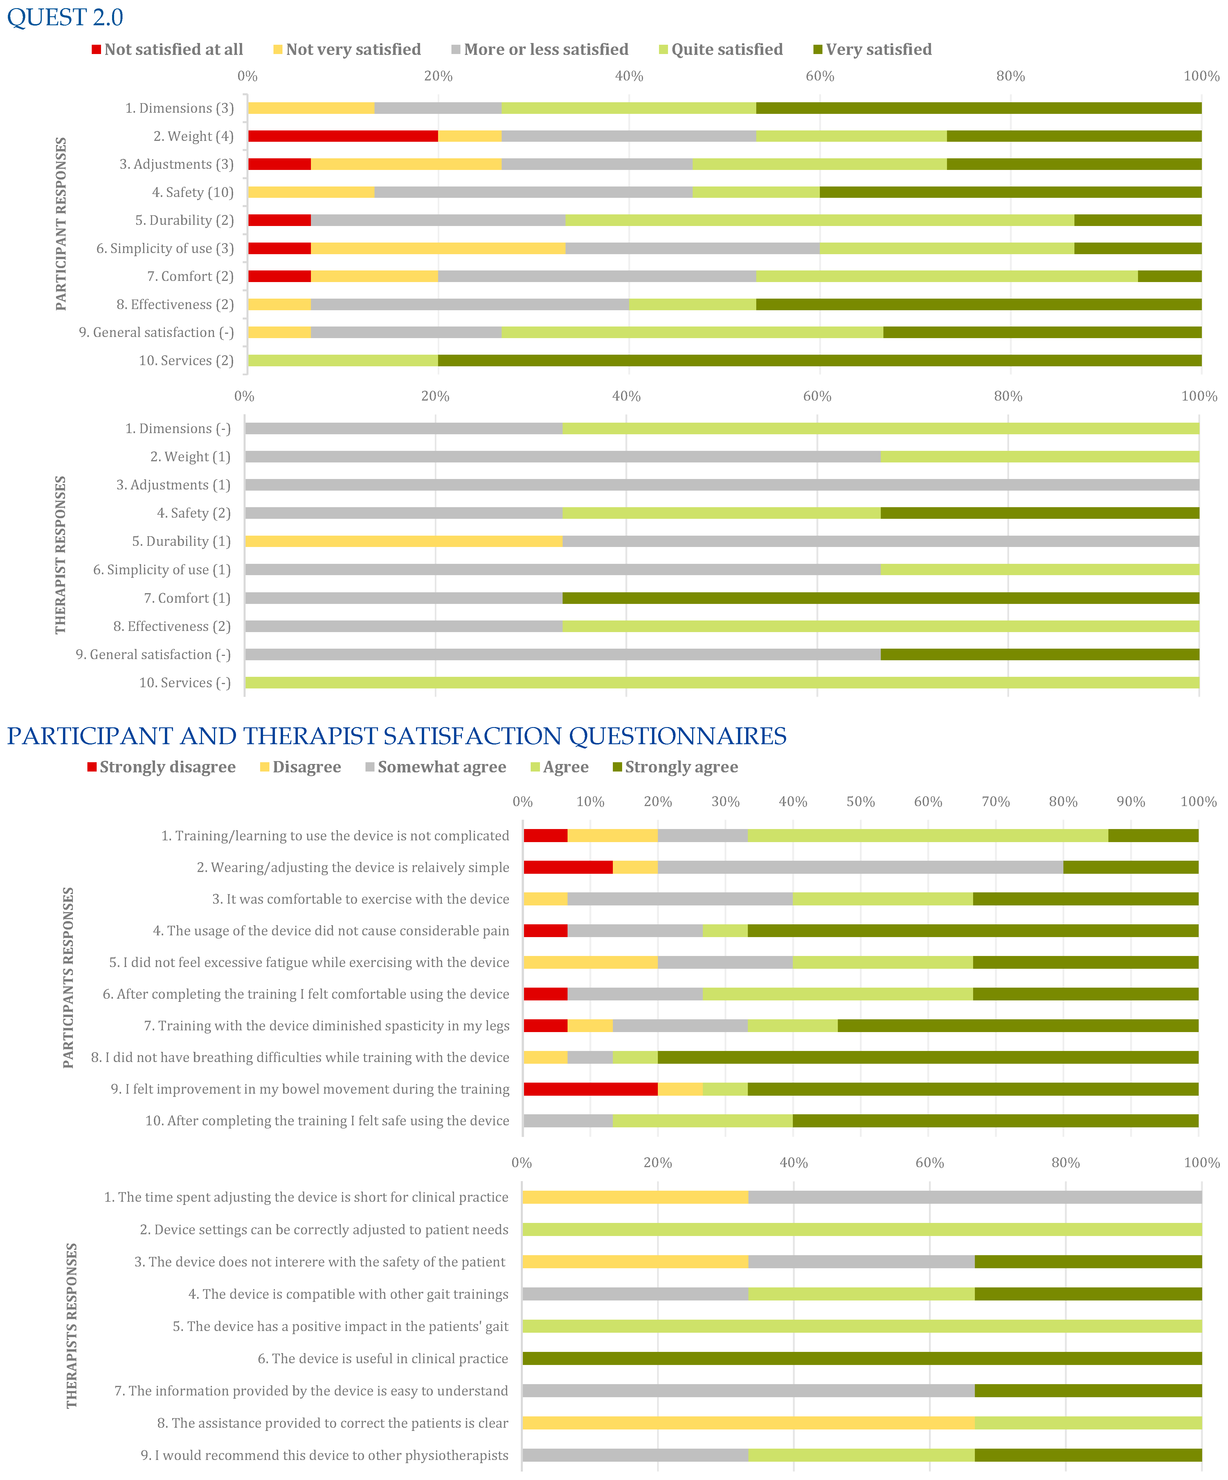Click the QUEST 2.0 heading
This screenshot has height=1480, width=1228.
[65, 17]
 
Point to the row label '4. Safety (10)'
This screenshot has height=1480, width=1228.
[192, 192]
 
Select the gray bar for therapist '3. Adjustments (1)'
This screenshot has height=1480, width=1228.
[721, 485]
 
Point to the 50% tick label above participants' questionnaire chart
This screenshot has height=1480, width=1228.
[860, 801]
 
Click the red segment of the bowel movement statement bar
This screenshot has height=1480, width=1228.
[590, 1089]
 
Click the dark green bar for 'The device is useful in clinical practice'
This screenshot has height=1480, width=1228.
[862, 1358]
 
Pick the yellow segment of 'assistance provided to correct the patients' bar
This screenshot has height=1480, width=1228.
[748, 1423]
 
